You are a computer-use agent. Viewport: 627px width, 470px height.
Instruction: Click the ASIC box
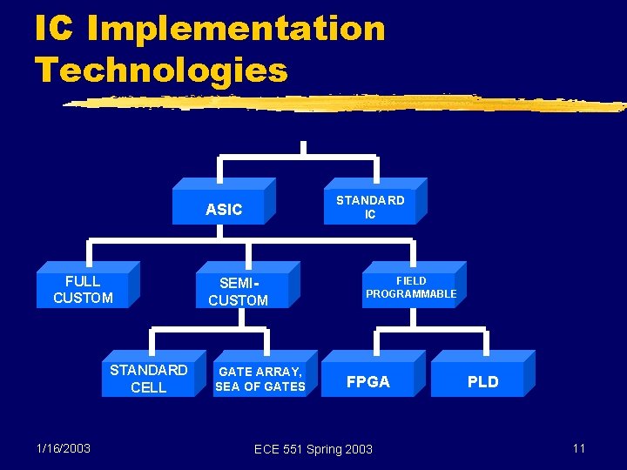224,209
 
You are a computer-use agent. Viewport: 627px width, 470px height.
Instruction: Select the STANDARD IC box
370,207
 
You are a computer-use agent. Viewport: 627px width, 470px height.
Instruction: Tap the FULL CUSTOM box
83,290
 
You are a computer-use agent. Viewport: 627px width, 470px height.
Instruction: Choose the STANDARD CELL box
148,379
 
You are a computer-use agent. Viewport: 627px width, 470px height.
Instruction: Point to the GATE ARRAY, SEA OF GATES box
260,379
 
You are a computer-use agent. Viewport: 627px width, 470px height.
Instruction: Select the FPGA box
368,381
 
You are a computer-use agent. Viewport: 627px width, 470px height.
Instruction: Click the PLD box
482,381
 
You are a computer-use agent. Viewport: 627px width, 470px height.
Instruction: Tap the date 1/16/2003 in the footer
64,447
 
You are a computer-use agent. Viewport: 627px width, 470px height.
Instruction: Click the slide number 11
578,448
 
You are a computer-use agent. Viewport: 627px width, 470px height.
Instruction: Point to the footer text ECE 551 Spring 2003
313,449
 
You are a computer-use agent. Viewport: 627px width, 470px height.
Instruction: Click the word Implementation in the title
236,29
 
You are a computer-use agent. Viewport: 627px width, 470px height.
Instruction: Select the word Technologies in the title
161,70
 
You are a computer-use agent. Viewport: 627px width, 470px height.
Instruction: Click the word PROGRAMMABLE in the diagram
411,294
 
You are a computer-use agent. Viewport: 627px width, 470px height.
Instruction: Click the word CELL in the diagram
148,387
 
